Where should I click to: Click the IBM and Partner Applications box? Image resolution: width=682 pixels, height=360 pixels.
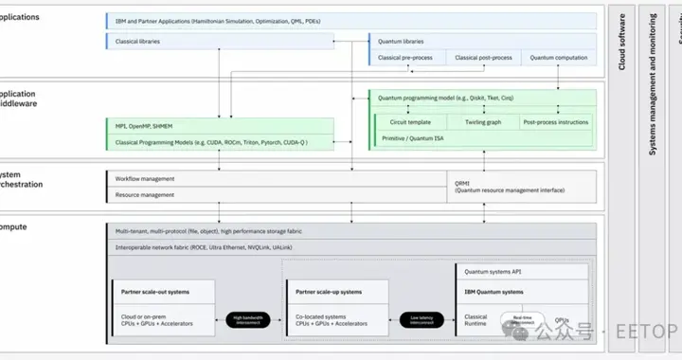point(350,19)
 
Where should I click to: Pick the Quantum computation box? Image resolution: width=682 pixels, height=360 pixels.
point(556,58)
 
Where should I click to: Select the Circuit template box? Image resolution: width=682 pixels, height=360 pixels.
point(411,122)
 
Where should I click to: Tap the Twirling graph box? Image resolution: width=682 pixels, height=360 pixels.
point(482,122)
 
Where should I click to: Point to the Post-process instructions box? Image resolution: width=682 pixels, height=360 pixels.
point(556,122)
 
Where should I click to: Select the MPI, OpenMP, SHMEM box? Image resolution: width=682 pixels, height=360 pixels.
point(219,126)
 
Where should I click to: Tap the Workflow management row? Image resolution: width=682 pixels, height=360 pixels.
point(275,178)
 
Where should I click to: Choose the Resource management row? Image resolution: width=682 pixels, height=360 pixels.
point(275,195)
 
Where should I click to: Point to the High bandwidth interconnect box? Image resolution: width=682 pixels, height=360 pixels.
point(251,320)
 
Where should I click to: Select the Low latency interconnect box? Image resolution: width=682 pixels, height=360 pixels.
point(422,320)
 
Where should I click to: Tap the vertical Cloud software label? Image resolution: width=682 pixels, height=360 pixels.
point(622,47)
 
